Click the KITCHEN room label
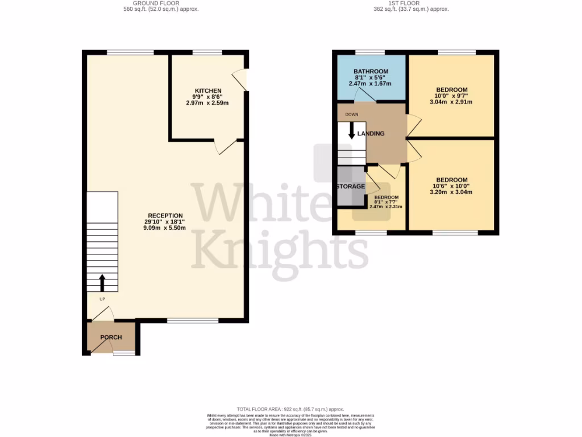208,91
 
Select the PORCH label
111,337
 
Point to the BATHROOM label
371,72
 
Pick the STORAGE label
350,187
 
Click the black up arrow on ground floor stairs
102,282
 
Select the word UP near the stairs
102,299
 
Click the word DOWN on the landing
351,114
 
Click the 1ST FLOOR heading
405,3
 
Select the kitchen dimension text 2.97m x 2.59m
208,103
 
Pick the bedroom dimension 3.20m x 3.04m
452,192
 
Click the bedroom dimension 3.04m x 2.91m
452,102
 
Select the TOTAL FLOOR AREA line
290,409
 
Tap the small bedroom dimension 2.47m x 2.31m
386,207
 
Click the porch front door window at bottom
124,353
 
